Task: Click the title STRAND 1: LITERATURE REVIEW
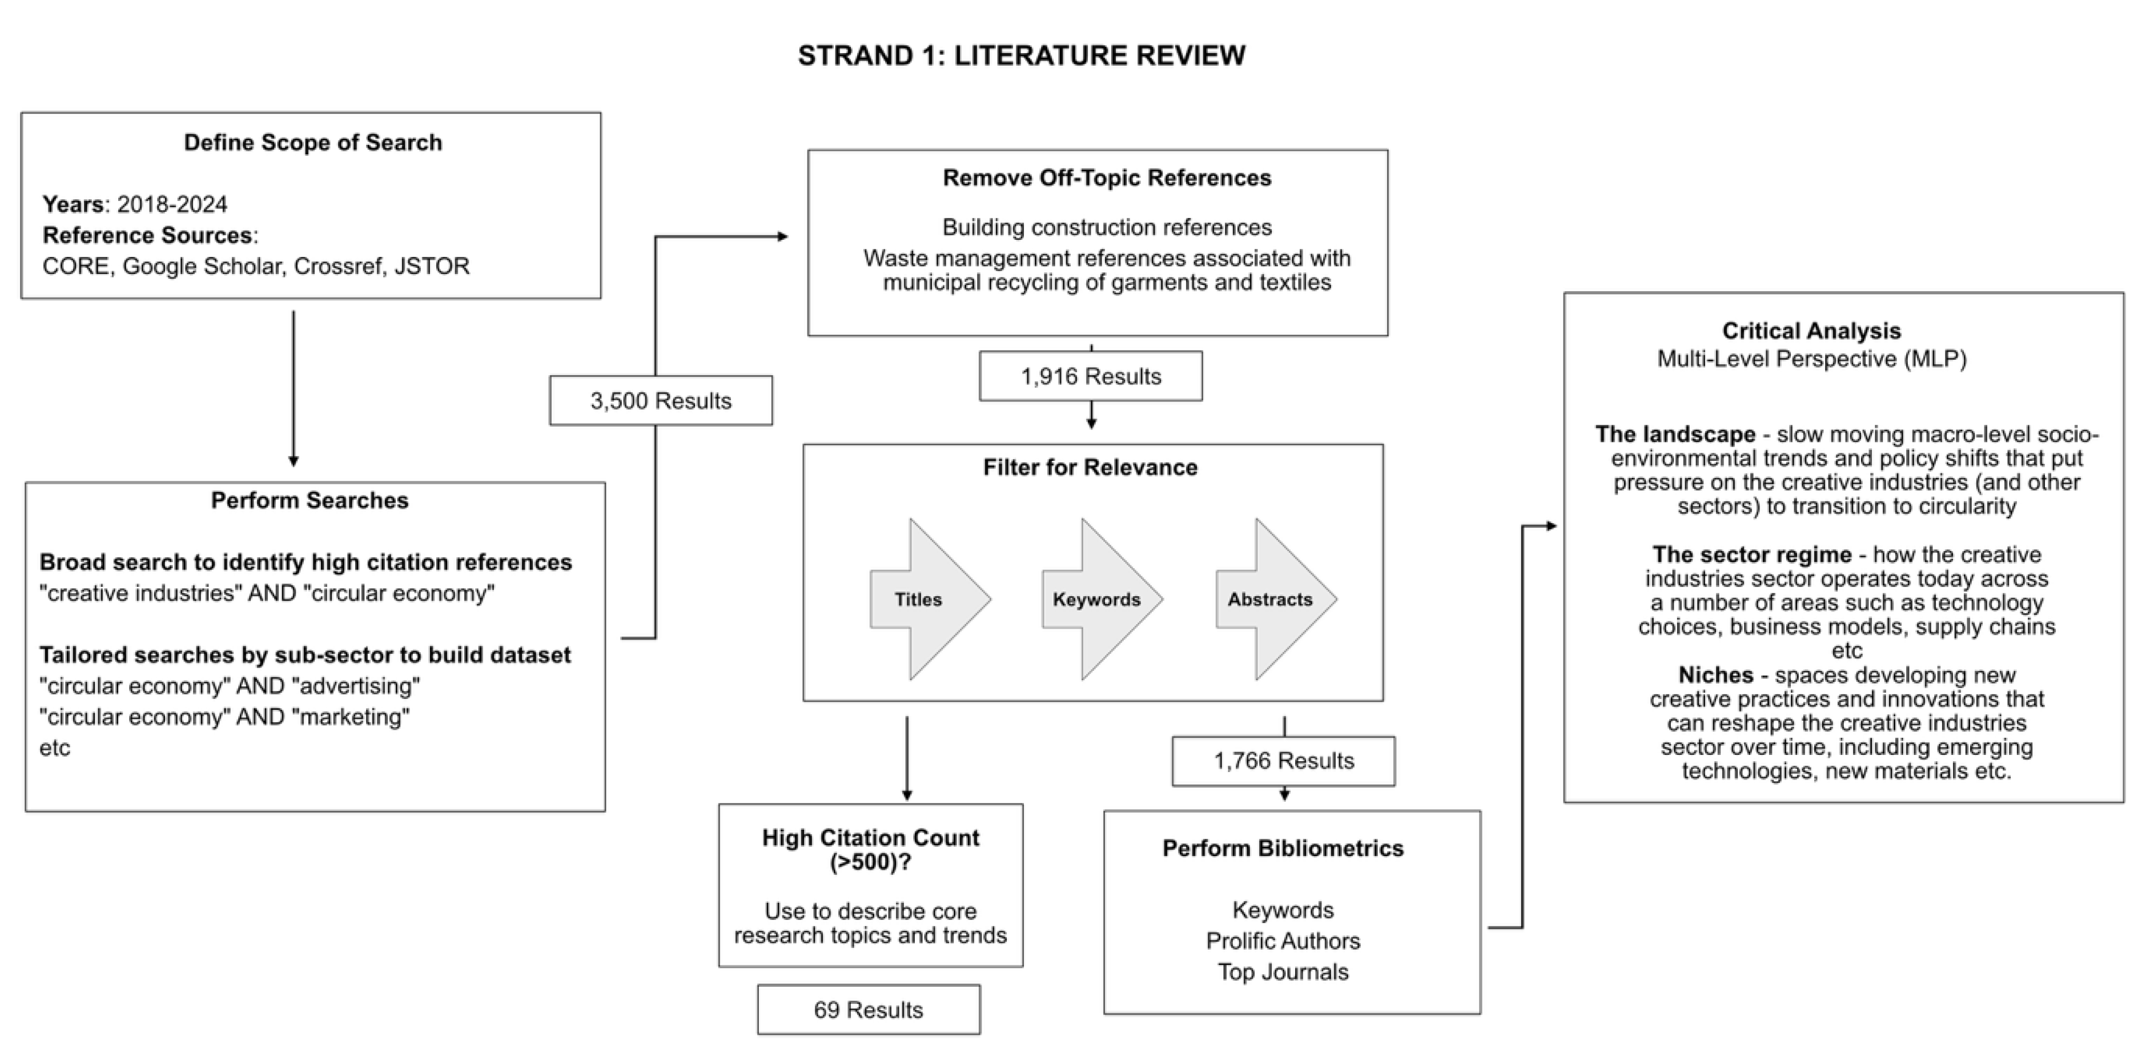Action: pos(1021,56)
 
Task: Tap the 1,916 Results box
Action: pos(1090,376)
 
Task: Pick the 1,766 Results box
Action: pos(1283,761)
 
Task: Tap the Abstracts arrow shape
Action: pos(1273,600)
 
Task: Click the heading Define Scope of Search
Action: pos(313,143)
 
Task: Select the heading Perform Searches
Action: pos(310,500)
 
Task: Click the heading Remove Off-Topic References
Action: pos(1106,178)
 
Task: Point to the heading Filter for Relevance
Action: pos(1090,467)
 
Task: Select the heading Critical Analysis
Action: pos(1811,331)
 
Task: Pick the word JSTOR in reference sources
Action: pos(432,266)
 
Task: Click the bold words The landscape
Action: pos(1675,435)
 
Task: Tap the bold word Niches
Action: pos(1715,675)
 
